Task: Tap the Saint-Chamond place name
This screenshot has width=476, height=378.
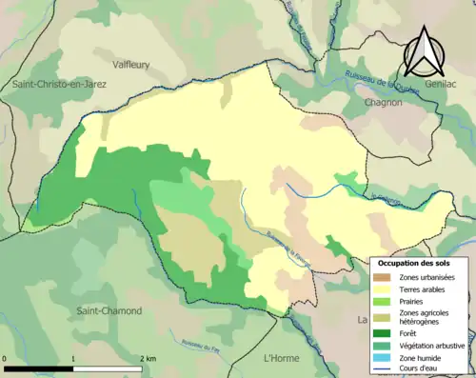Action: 109,311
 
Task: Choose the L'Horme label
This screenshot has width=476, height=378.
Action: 283,357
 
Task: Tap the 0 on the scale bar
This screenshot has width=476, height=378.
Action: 6,358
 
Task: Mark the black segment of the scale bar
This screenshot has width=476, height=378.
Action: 39,368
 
